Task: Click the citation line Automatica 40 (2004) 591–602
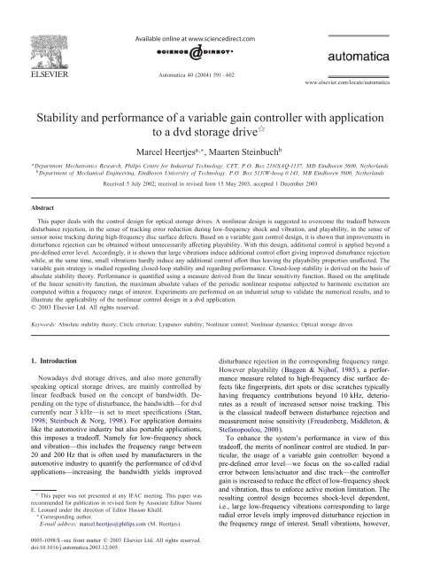coord(212,58)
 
